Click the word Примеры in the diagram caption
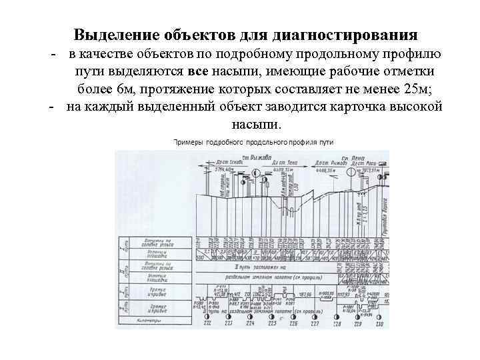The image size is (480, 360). (189, 142)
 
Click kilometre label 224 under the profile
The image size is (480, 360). (250, 323)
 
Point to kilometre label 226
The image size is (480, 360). (293, 323)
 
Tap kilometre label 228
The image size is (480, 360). (337, 323)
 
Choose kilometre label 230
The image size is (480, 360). (379, 323)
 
